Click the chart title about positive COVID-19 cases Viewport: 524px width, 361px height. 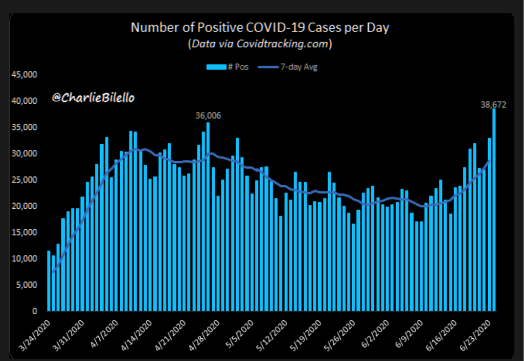260,28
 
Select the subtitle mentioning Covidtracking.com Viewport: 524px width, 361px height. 260,44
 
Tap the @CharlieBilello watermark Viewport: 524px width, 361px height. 93,98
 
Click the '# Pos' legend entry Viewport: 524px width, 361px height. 227,67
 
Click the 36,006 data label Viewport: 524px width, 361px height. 208,116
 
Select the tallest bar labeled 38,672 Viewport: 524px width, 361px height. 494,210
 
